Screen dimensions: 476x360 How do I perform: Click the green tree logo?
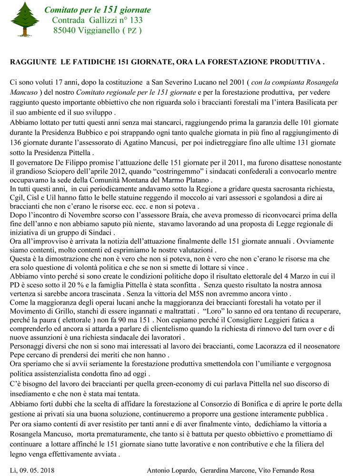pyautogui.click(x=25, y=20)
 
